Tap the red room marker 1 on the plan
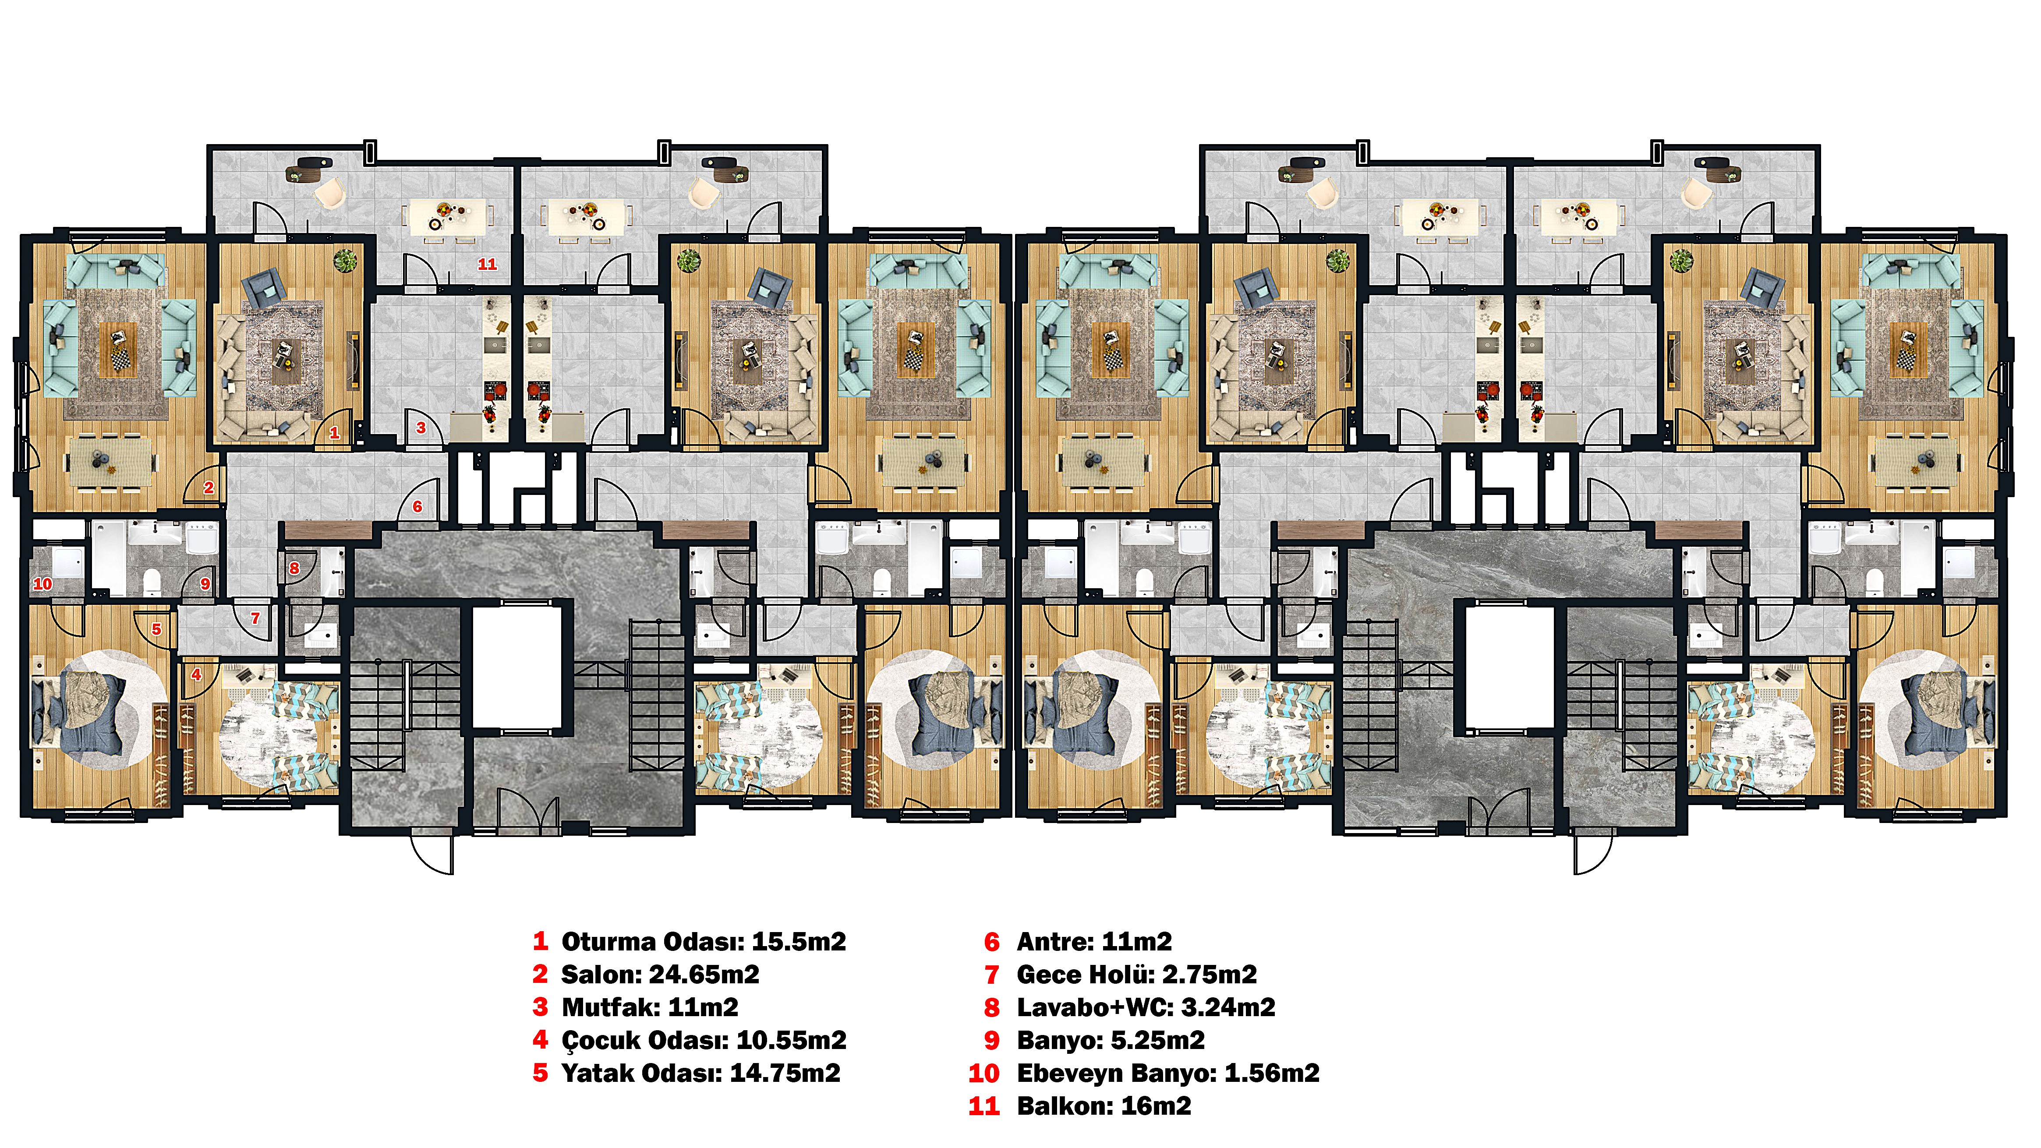tap(334, 433)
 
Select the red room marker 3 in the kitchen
tap(421, 428)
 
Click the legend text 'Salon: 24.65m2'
tap(660, 975)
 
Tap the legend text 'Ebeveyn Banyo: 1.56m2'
tap(1168, 1074)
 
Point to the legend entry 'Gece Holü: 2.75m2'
tap(1137, 975)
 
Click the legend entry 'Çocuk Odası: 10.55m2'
tap(704, 1040)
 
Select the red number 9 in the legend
tap(992, 1040)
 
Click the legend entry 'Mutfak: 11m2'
tap(650, 1008)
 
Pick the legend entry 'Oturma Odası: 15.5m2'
tap(704, 942)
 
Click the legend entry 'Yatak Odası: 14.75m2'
tap(700, 1074)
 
